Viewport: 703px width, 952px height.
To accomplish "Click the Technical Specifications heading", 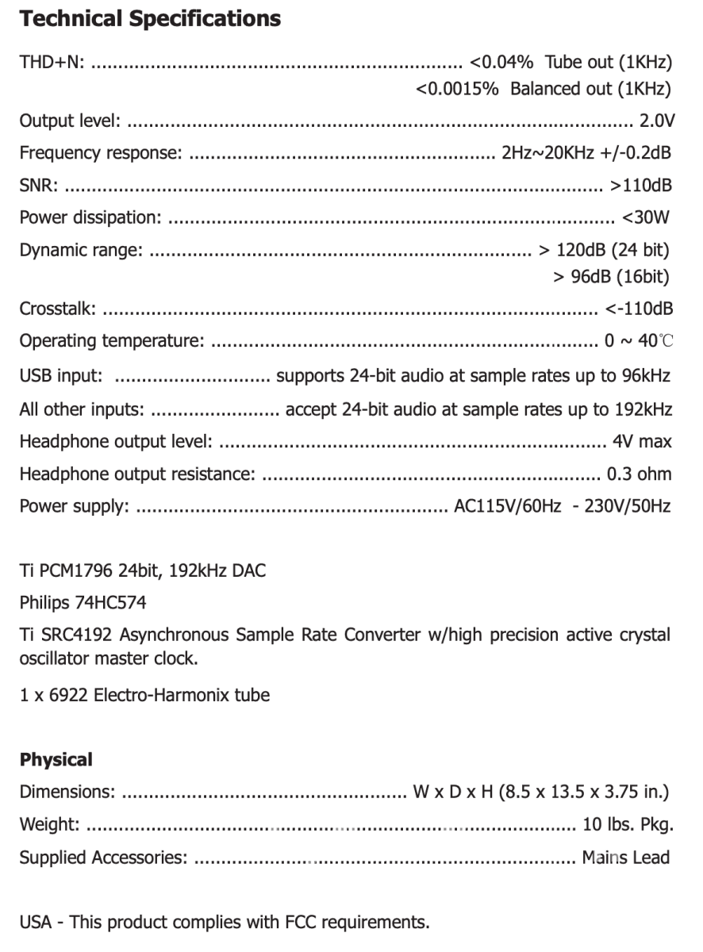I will click(150, 19).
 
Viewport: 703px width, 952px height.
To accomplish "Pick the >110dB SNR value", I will click(640, 186).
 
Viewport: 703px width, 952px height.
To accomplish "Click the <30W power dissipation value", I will click(647, 217).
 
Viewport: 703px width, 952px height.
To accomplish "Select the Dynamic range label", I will click(81, 251).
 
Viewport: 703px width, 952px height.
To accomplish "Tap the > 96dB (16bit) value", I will click(610, 277).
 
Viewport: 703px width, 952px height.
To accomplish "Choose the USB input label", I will click(60, 375).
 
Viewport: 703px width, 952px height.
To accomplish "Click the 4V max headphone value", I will click(642, 441).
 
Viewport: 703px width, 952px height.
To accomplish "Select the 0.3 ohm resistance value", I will click(639, 474).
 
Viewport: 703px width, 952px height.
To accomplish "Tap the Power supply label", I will click(74, 506).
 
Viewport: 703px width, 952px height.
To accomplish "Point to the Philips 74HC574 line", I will click(83, 603).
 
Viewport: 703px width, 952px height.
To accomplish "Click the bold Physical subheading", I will click(56, 760).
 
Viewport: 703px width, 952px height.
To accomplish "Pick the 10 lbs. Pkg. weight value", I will click(628, 824).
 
